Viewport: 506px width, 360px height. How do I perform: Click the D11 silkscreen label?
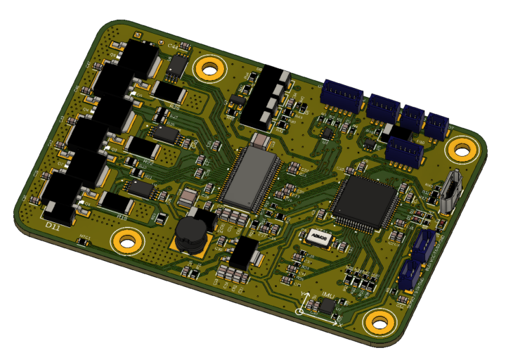tap(52, 225)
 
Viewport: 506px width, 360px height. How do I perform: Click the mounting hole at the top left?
tap(209, 69)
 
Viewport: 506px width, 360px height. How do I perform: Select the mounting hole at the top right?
tap(462, 148)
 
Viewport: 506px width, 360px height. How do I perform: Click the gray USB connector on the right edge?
tap(450, 191)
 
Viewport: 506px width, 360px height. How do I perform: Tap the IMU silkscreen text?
tap(327, 295)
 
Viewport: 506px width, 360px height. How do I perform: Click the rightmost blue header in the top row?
tap(437, 125)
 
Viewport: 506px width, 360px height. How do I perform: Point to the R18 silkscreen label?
tap(121, 217)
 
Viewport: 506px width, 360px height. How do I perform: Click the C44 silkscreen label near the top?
tap(173, 46)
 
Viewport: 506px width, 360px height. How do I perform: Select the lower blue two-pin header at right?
tap(410, 276)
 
